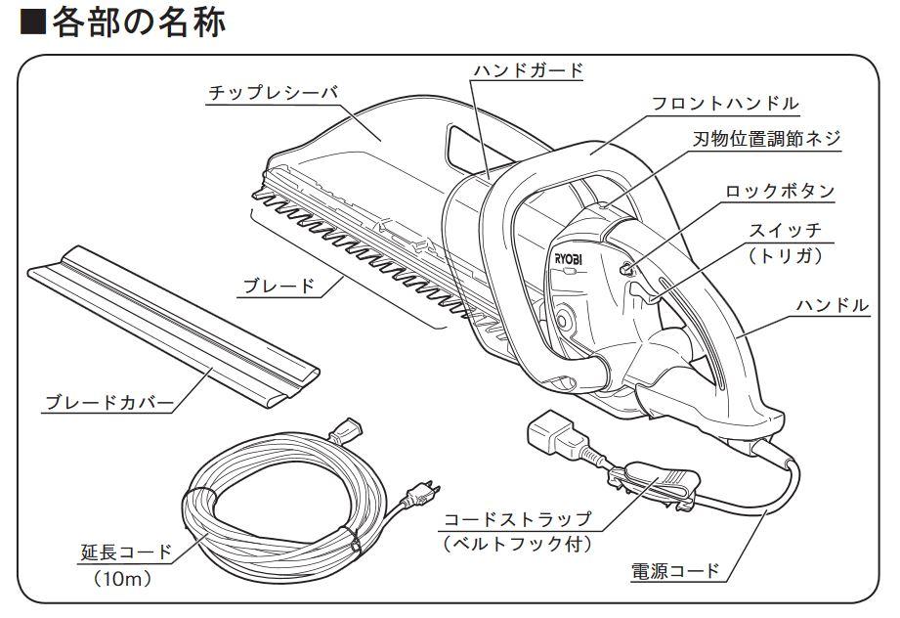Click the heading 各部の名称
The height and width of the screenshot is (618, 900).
[x=138, y=22]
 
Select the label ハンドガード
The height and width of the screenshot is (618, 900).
[x=528, y=69]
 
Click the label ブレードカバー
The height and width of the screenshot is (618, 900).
[x=111, y=403]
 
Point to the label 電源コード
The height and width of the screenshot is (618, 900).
[x=676, y=570]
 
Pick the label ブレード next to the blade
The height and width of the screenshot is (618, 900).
[x=279, y=286]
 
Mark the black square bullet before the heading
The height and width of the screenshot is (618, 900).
[x=32, y=23]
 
